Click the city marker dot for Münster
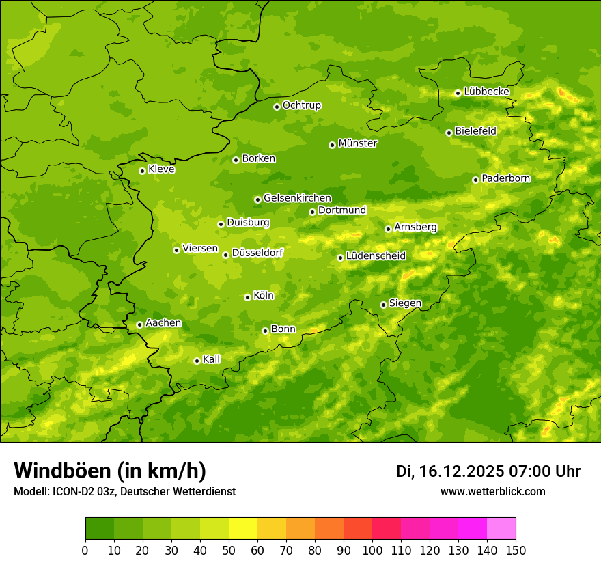[332, 145]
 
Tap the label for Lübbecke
[486, 92]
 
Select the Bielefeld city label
[475, 131]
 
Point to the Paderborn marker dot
[475, 180]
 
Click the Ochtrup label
[301, 105]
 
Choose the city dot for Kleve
[142, 171]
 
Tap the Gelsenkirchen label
[297, 198]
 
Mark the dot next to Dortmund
[312, 212]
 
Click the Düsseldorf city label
[257, 253]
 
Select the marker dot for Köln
[247, 297]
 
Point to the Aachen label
[163, 323]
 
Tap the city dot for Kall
[197, 361]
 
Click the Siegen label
[405, 303]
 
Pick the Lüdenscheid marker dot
[340, 258]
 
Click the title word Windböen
[60, 471]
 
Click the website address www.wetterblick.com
[492, 492]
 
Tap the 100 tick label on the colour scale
[372, 550]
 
